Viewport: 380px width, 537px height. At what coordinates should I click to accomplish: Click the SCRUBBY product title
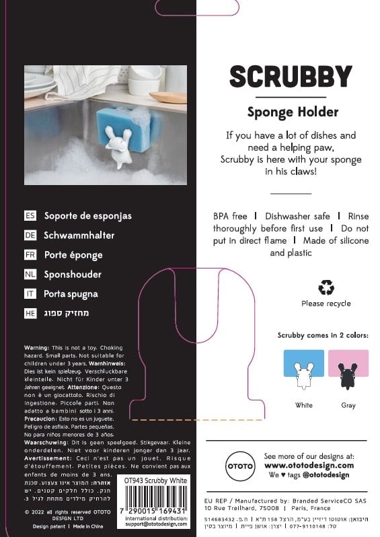[291, 77]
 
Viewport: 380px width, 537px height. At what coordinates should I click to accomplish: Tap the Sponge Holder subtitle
[292, 112]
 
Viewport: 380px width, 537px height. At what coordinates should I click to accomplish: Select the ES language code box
[30, 216]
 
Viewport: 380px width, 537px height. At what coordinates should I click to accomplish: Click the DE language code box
[30, 236]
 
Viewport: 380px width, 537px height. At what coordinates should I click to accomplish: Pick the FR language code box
[30, 255]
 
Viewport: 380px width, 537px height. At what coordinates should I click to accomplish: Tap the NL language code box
[30, 275]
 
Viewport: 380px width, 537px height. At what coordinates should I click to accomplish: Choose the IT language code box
[30, 294]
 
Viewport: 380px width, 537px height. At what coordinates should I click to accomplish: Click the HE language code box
[30, 313]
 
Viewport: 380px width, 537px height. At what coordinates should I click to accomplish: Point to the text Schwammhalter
[79, 236]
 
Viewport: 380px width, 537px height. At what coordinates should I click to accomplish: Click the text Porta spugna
[71, 294]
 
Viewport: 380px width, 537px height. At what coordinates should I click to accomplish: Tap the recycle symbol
[326, 287]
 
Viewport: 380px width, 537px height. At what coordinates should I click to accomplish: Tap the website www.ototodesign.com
[309, 465]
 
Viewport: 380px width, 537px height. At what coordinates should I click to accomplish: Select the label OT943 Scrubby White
[156, 480]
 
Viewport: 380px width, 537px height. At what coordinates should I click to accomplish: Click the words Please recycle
[326, 303]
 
